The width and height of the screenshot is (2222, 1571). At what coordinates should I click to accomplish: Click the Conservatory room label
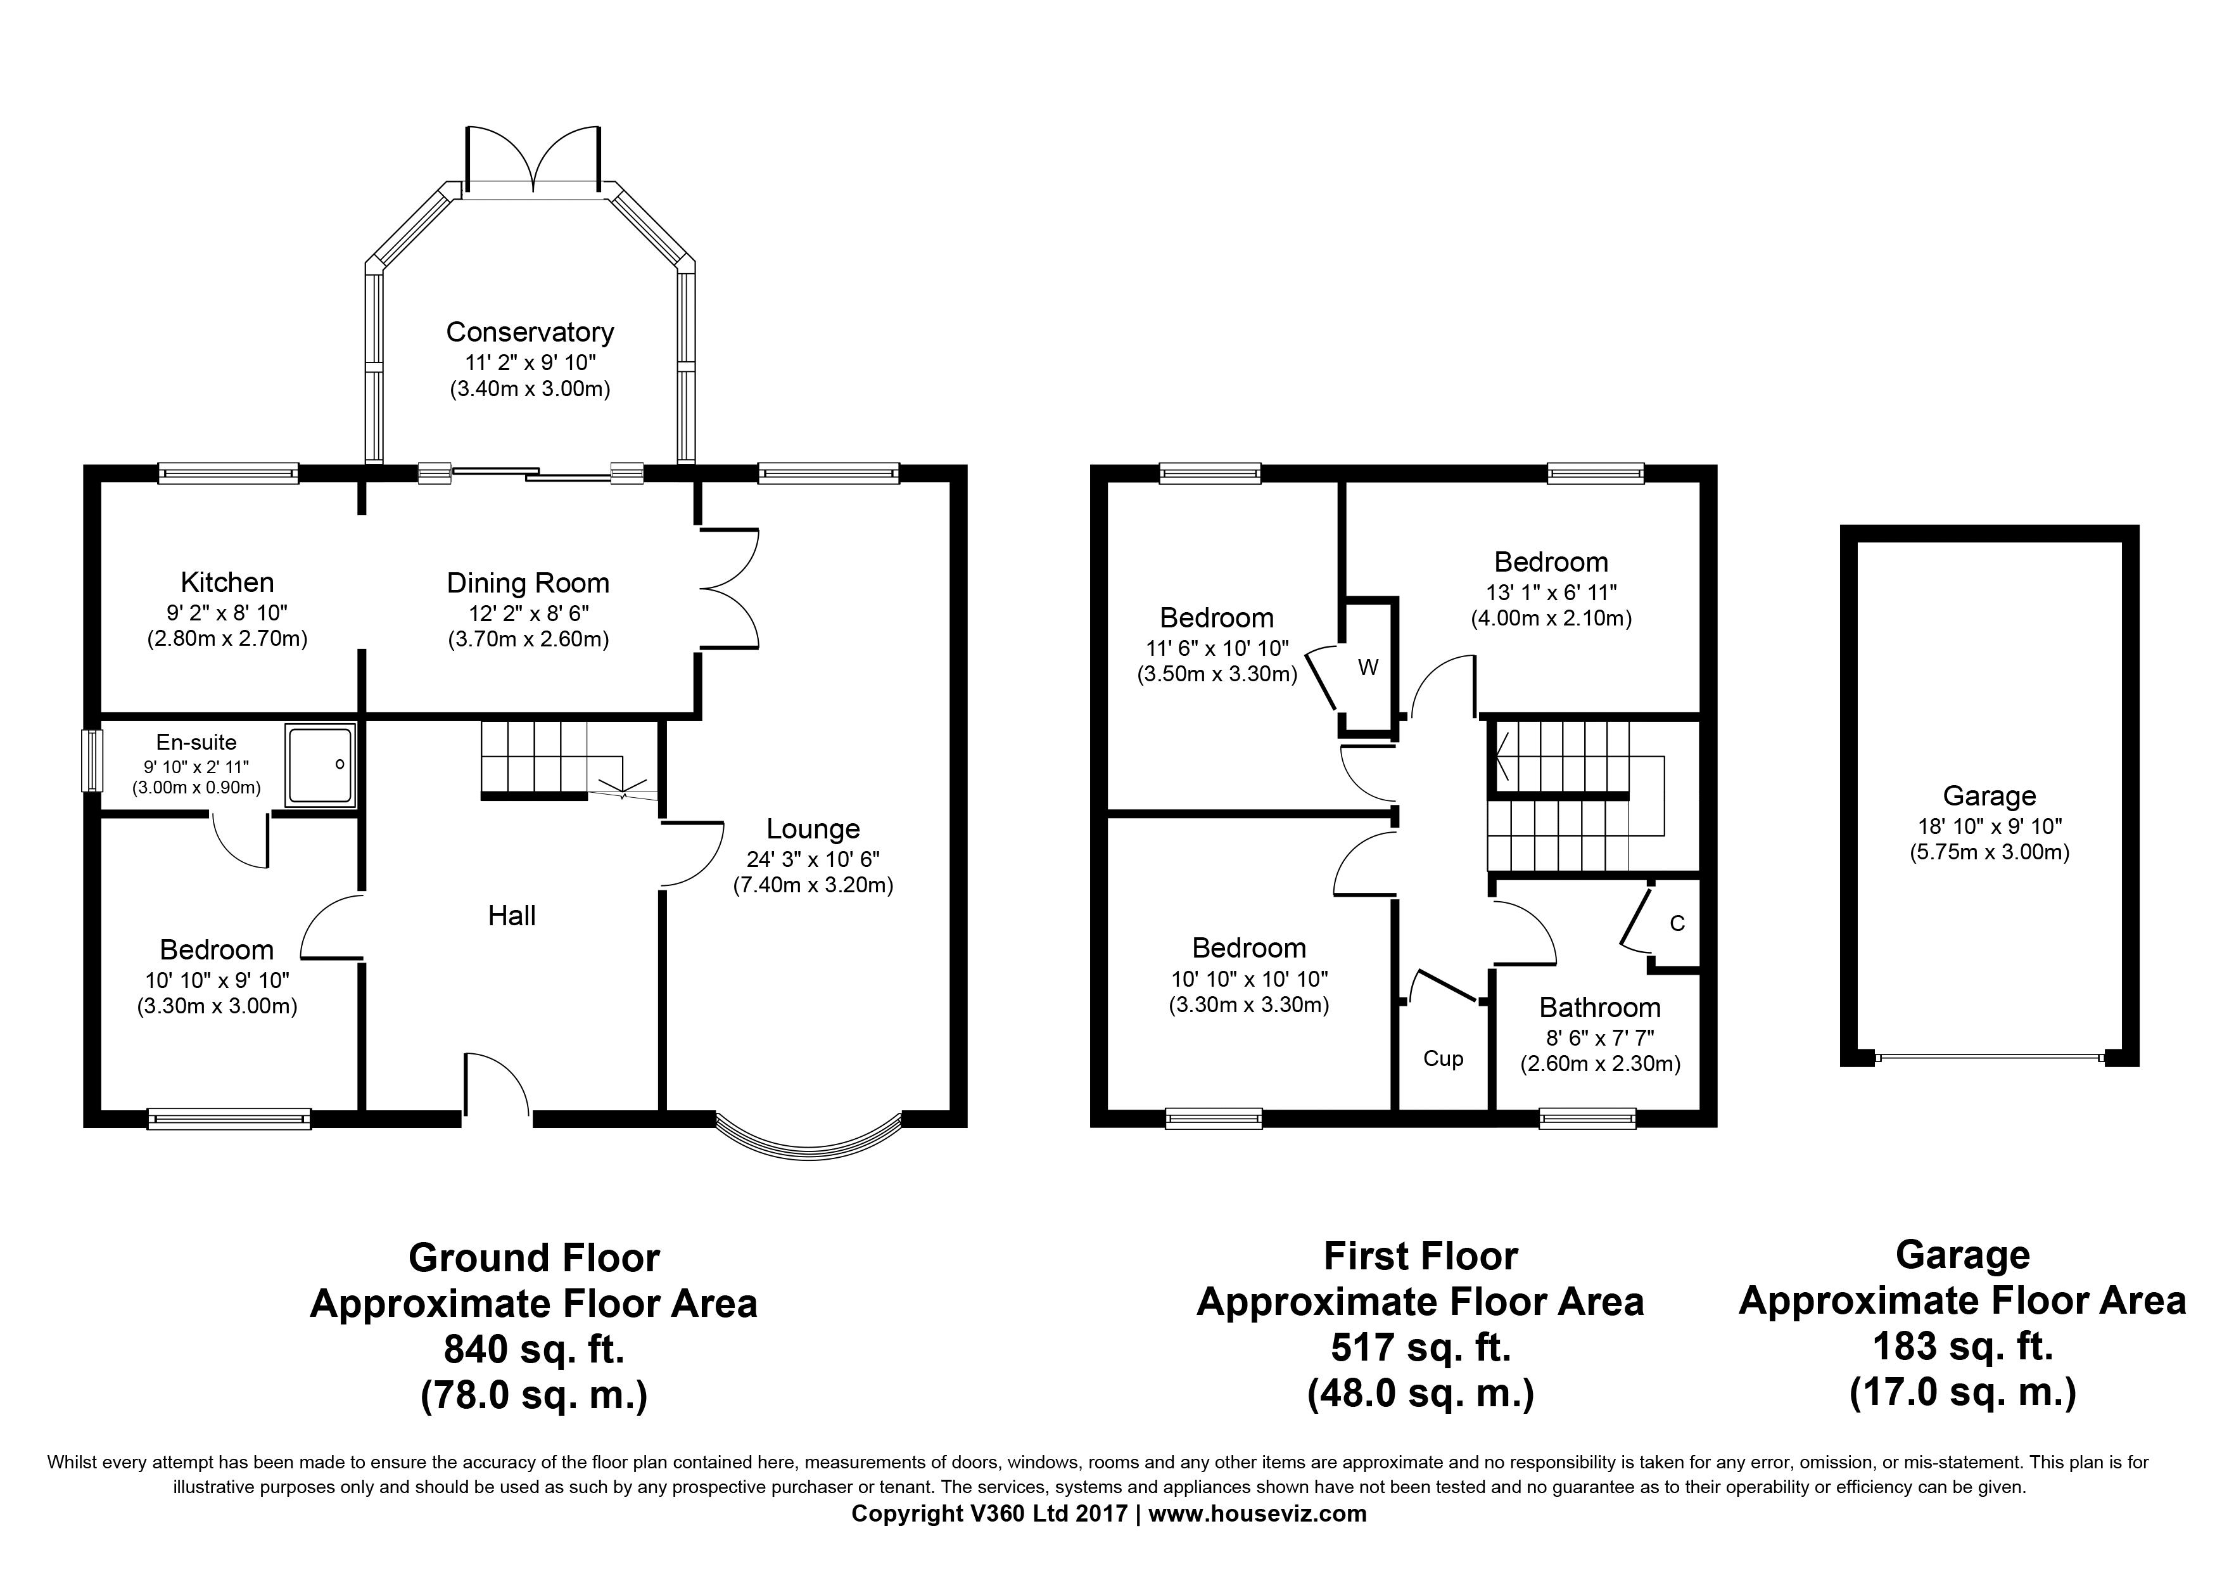(530, 332)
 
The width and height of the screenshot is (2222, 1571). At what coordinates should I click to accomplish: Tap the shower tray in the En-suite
(321, 765)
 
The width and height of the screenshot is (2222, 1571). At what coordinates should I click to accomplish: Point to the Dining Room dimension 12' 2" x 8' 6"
(528, 613)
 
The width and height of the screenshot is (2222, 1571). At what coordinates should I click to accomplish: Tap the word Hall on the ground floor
(512, 916)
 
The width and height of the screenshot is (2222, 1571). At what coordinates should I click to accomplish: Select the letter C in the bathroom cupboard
(1677, 923)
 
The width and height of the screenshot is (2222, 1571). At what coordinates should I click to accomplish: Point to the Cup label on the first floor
(1443, 1059)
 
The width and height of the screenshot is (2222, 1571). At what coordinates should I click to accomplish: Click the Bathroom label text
(1600, 1008)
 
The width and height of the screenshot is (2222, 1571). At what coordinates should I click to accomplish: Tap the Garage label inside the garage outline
(1990, 797)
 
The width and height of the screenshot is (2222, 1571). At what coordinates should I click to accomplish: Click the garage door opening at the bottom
(1990, 1058)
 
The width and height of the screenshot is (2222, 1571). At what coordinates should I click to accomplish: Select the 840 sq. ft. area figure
(534, 1349)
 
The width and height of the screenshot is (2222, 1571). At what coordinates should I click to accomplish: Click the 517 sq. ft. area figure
(1421, 1347)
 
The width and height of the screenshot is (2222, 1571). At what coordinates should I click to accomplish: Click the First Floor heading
(1421, 1257)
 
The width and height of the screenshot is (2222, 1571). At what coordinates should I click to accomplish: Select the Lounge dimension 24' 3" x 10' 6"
(813, 859)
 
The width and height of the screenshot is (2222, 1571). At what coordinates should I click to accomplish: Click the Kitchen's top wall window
(229, 473)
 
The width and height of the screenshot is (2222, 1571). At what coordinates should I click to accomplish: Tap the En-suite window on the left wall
(91, 761)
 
